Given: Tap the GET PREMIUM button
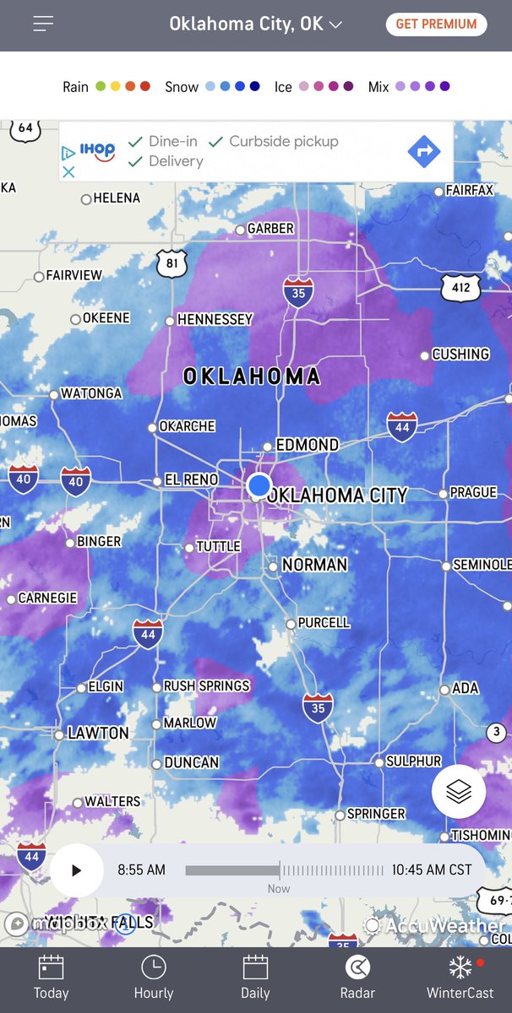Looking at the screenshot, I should tap(436, 24).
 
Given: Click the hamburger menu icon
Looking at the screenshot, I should tap(44, 24).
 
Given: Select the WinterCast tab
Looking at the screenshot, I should tap(460, 978).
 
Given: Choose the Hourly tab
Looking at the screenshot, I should tap(153, 978).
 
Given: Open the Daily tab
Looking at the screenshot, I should tap(255, 978).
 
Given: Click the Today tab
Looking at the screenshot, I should tap(51, 978).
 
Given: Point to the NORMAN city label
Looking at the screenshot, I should tap(313, 565).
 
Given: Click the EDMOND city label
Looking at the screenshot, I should tap(308, 445).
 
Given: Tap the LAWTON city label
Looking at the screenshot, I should tap(98, 733).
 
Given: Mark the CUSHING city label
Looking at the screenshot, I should tap(460, 354).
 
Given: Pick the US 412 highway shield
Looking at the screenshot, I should tap(460, 289).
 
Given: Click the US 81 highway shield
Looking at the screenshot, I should tap(172, 263).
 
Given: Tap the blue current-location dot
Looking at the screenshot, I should tap(259, 485).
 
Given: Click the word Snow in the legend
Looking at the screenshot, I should tap(182, 87).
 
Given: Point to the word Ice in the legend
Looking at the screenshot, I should tap(283, 87).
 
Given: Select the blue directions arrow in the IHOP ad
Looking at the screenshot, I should tap(423, 152).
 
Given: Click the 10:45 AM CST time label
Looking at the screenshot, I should tap(431, 869).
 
